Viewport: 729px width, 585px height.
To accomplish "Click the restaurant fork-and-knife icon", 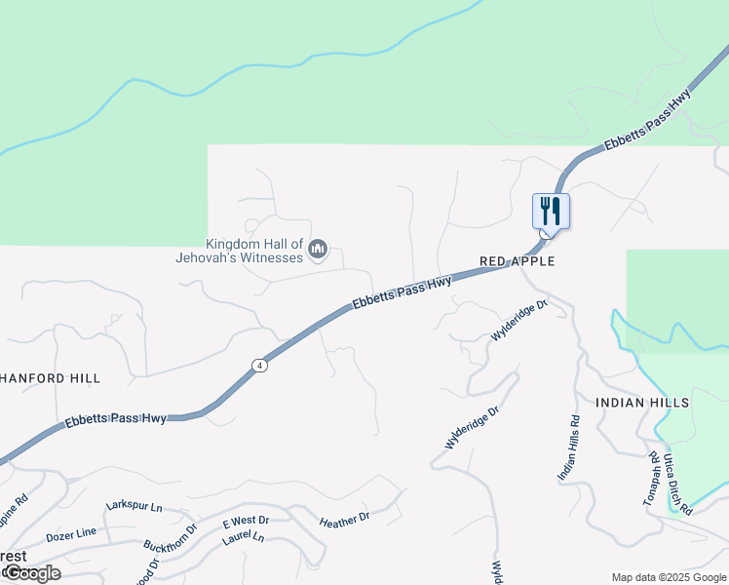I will [x=551, y=211].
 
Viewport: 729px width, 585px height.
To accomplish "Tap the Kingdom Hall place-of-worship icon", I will [x=317, y=252].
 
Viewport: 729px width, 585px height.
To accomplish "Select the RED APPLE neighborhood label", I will [x=517, y=261].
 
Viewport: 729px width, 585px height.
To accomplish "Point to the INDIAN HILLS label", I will [x=642, y=402].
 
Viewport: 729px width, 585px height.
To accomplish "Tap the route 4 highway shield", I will [x=258, y=366].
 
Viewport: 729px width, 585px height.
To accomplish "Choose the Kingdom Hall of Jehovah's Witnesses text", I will [x=254, y=251].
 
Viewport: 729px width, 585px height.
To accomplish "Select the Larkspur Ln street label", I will [x=134, y=508].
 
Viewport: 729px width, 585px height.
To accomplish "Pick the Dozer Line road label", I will [x=71, y=534].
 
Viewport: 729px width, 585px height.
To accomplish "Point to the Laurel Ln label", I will [x=243, y=537].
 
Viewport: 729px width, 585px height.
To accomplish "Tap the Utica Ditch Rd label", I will [x=677, y=484].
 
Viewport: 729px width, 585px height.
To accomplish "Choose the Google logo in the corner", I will [x=31, y=573].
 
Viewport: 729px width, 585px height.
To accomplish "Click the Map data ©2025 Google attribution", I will [x=669, y=577].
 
